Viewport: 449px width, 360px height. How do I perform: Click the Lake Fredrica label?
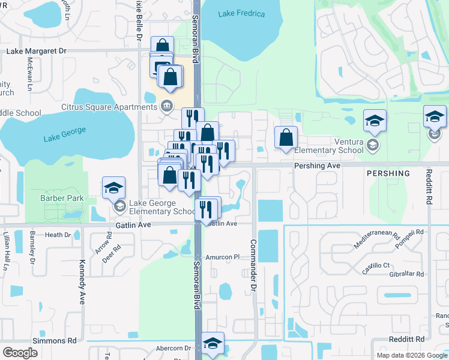point(242,14)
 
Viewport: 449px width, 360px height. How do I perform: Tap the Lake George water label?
point(65,134)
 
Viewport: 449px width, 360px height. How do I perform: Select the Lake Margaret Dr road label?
point(36,51)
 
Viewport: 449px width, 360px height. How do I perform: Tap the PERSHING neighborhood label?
point(388,173)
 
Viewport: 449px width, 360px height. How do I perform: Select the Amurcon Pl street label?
point(223,257)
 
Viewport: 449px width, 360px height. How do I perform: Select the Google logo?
point(20,353)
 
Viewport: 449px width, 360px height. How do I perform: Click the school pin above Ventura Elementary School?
point(375,122)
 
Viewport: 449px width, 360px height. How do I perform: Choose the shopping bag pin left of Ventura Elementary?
point(286,137)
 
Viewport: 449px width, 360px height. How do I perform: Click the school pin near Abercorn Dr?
point(212,344)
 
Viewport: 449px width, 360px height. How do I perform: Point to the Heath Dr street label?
point(58,235)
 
